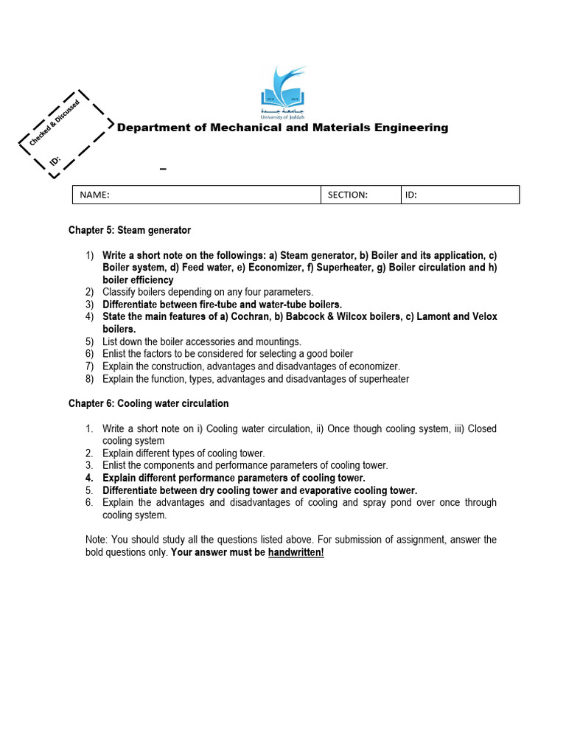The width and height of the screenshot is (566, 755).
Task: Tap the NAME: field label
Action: (94, 195)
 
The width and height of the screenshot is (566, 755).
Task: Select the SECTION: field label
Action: (348, 195)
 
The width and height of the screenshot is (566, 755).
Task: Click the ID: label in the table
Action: (411, 195)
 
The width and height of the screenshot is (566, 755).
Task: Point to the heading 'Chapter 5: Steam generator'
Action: (130, 230)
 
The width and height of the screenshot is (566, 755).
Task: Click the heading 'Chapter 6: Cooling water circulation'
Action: (148, 403)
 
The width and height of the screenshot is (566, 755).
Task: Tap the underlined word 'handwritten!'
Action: (296, 552)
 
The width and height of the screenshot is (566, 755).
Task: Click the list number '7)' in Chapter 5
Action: (90, 366)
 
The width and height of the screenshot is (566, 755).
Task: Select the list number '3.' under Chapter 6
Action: (88, 466)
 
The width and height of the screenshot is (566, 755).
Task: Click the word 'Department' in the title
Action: (152, 128)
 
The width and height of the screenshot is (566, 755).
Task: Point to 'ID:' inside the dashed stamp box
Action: (55, 160)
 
